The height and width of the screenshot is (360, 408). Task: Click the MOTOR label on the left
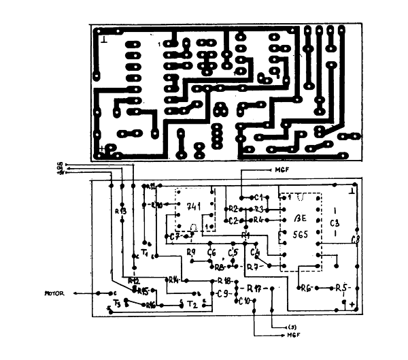[x=54, y=293]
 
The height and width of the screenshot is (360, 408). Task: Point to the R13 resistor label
[x=120, y=211]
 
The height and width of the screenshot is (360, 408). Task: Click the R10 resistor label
[x=156, y=204]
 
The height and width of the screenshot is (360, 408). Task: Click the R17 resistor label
[x=255, y=287]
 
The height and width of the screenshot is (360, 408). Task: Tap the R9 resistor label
[x=191, y=252]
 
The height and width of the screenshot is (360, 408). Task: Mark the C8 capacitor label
[x=354, y=240]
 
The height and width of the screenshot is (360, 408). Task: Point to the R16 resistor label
[x=150, y=305]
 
